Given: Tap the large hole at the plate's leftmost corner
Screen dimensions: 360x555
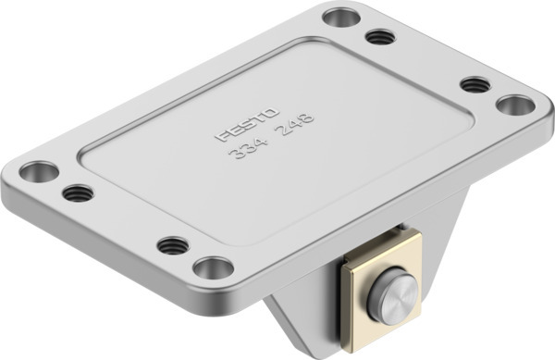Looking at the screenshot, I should coord(39,171).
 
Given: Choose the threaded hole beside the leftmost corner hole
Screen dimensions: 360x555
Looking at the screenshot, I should coord(78,193).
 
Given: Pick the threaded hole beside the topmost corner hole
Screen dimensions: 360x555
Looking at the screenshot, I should coord(380,37).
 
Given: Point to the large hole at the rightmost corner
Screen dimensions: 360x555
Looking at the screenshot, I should coord(516,104).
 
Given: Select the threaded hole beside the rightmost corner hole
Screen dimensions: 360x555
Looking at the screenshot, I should coord(475,84).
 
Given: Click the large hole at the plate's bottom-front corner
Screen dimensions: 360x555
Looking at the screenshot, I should coord(214,268).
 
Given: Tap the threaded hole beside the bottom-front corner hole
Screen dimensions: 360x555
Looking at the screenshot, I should coord(173,245).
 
